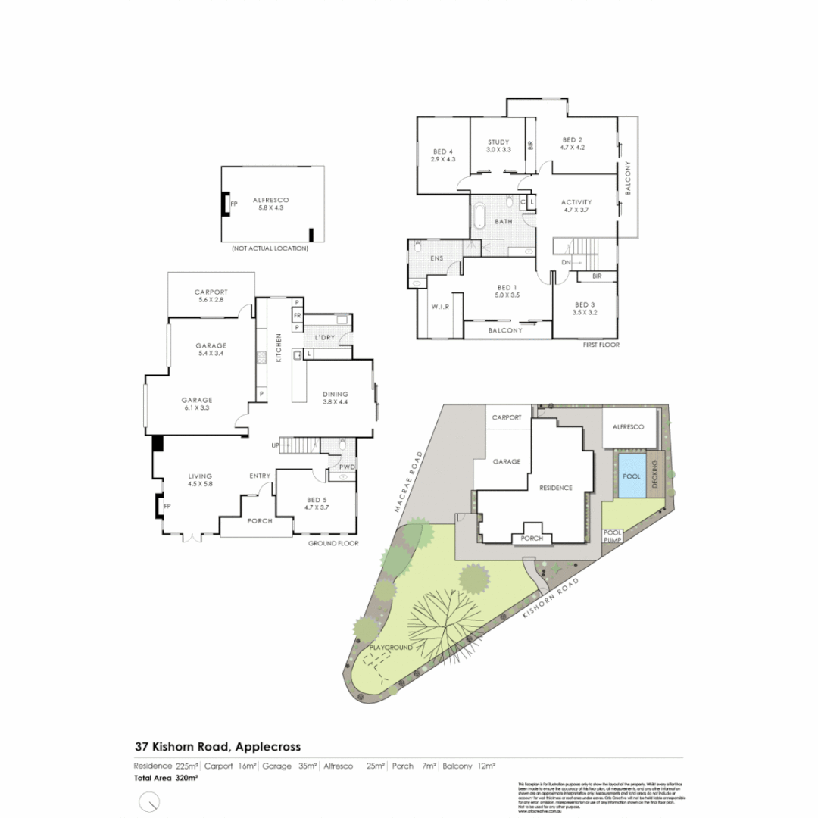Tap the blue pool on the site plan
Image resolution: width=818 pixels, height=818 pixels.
tap(632, 477)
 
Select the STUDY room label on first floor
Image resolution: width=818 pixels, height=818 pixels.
tap(498, 145)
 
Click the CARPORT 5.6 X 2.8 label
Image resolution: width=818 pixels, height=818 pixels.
tap(211, 296)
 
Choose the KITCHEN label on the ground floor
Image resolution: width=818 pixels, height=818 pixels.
tap(278, 348)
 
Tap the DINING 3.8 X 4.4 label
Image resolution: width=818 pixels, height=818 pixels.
tap(335, 398)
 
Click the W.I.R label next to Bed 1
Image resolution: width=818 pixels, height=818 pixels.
tap(441, 308)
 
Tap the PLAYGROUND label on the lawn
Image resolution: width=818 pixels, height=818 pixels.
tap(391, 648)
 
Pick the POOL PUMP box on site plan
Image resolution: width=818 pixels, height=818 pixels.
tap(612, 536)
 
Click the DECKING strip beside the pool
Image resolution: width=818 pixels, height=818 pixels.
tap(657, 476)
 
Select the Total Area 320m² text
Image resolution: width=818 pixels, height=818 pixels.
tap(155, 777)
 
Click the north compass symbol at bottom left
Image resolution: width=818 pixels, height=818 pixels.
tap(151, 801)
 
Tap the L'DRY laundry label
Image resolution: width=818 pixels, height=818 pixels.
tap(324, 336)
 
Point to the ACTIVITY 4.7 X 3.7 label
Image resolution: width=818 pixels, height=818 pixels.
tap(576, 207)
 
